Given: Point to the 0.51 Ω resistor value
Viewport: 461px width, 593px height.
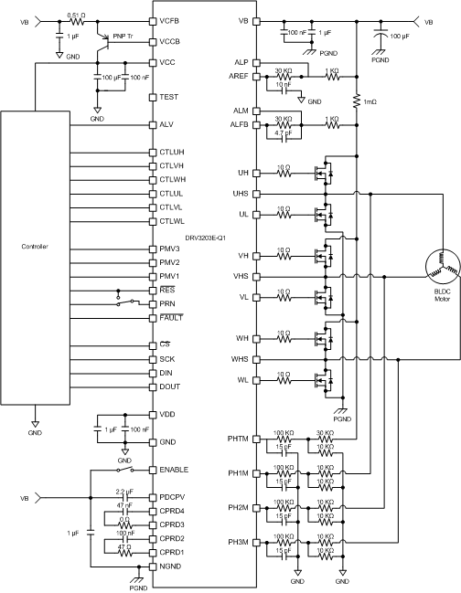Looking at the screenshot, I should (77, 16).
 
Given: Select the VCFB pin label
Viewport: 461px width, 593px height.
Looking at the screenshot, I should (171, 20).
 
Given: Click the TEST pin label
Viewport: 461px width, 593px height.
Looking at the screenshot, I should (169, 96).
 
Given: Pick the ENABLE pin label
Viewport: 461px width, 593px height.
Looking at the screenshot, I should (175, 469).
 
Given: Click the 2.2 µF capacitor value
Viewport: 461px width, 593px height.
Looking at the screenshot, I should (125, 491).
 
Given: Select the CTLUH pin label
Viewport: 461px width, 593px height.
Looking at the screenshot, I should (173, 152).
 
